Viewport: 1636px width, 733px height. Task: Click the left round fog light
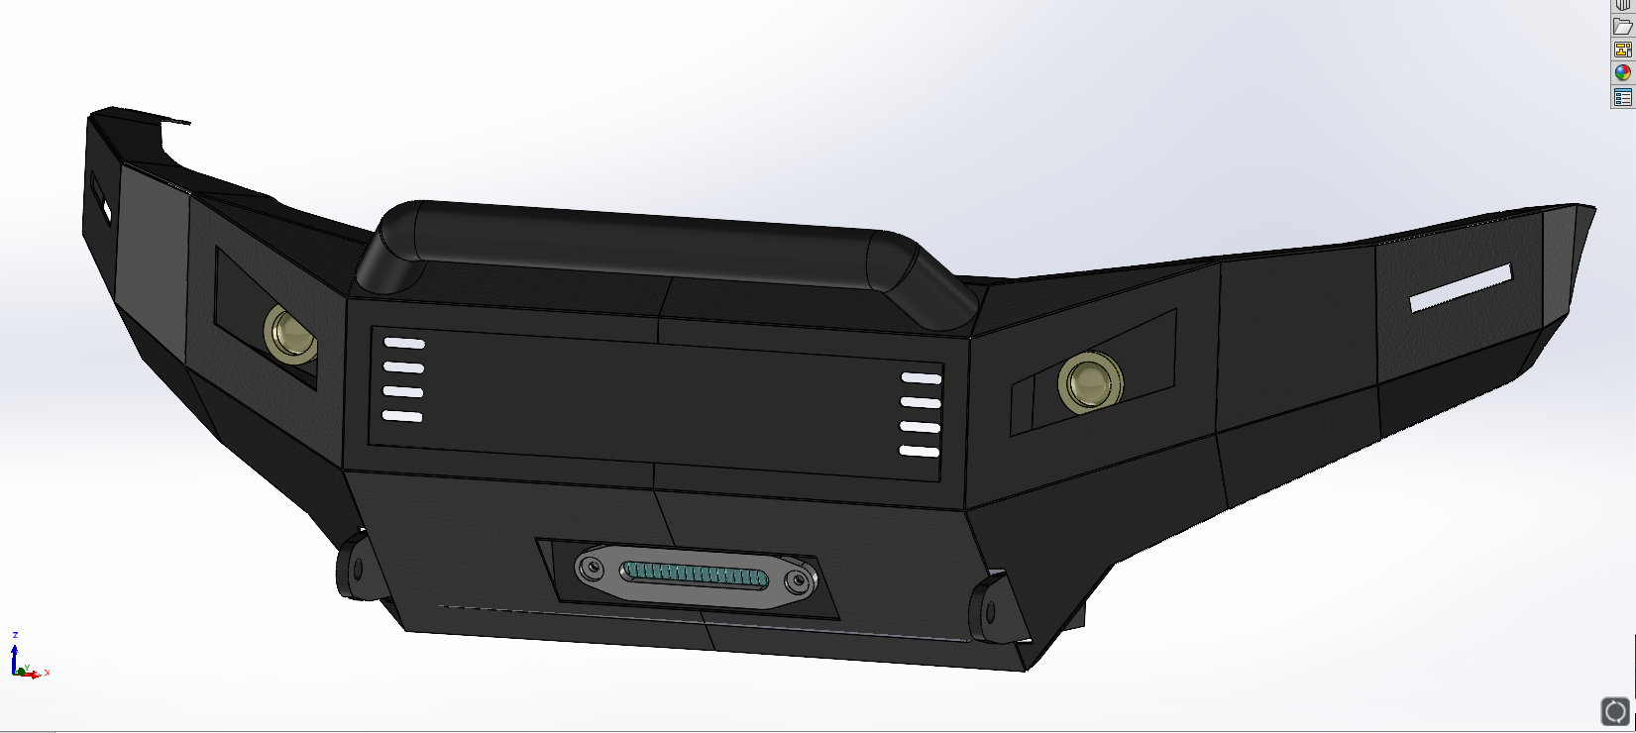point(288,334)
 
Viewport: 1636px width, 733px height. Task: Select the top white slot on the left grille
point(403,344)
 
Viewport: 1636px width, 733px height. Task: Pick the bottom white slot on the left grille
point(402,416)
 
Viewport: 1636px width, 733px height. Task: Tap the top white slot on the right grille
point(921,378)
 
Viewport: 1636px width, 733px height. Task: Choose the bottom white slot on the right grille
point(919,452)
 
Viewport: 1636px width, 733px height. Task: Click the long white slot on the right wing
point(1461,287)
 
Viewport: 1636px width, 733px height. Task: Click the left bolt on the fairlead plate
point(592,569)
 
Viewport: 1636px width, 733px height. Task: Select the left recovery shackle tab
point(354,570)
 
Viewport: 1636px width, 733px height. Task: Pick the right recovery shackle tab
point(988,610)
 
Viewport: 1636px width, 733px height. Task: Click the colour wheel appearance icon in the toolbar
point(1622,72)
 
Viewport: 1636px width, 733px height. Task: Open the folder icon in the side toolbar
point(1622,27)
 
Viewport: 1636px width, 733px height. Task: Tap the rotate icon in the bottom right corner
point(1615,710)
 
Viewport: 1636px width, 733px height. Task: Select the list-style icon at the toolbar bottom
point(1622,97)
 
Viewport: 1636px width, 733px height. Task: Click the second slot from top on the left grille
point(403,367)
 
